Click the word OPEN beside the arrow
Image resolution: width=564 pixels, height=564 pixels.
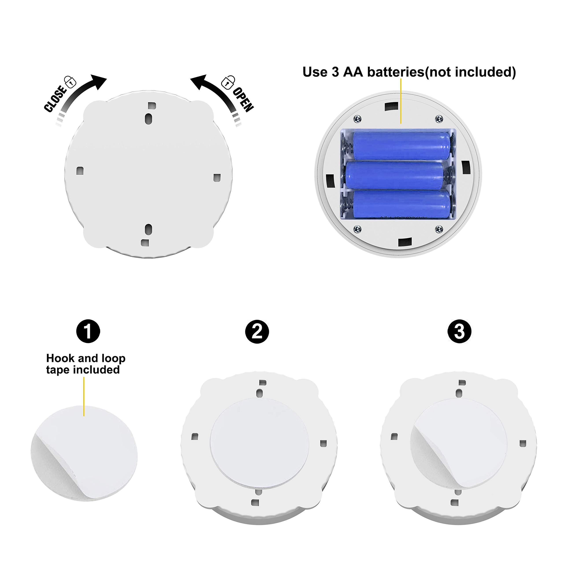pyautogui.click(x=243, y=100)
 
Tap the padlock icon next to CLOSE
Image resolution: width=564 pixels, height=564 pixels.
pyautogui.click(x=70, y=82)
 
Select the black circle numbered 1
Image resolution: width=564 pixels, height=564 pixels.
pyautogui.click(x=88, y=331)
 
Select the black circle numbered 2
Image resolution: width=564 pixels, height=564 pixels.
pyautogui.click(x=257, y=332)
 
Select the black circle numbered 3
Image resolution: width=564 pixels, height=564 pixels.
pyautogui.click(x=459, y=332)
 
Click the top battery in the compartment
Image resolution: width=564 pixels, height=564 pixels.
pyautogui.click(x=402, y=146)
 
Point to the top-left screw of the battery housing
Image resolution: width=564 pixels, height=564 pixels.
pyautogui.click(x=357, y=119)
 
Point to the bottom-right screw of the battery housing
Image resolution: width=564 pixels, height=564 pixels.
pyautogui.click(x=439, y=229)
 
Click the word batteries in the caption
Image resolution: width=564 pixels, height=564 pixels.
pyautogui.click(x=395, y=72)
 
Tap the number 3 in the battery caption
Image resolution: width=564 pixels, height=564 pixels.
pyautogui.click(x=335, y=72)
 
